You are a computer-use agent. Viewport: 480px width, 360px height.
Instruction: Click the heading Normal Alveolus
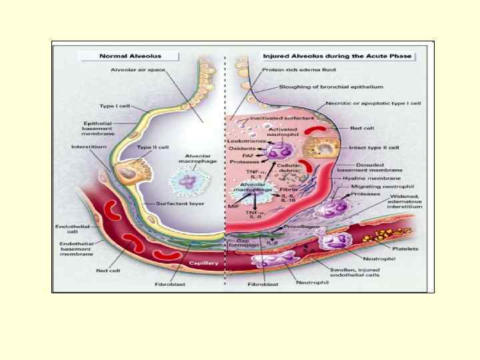coord(131,55)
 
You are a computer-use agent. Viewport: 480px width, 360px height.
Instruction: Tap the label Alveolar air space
coord(138,69)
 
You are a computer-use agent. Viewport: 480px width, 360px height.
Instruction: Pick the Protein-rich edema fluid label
coord(299,69)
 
